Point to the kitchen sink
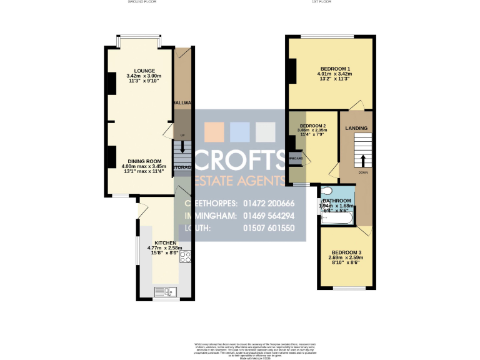coord(166,291)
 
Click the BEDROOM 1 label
coord(335,69)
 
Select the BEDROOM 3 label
coord(346,252)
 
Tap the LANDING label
coord(356,129)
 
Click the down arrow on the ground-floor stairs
coord(182,147)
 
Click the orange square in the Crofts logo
coord(214,131)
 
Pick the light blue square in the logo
coord(240,131)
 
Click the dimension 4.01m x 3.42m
coord(335,74)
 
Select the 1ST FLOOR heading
coord(321,2)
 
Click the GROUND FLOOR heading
coord(142,2)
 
